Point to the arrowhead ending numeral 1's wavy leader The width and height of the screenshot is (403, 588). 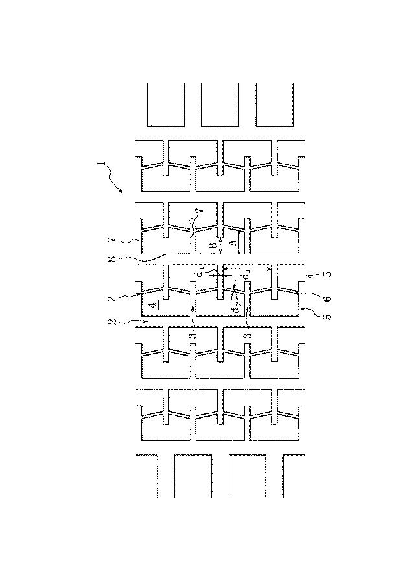pos(122,191)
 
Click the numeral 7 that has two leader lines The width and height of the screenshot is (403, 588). pos(201,211)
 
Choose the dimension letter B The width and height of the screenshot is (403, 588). pos(212,247)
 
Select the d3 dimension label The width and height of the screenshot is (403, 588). pos(246,275)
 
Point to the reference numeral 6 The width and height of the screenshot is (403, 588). pos(327,299)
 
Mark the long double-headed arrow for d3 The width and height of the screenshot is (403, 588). pos(248,269)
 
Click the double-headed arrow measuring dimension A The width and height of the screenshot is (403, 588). pos(239,242)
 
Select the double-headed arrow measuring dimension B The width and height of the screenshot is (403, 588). pos(220,246)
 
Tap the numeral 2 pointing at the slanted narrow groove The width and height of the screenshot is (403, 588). pos(111,299)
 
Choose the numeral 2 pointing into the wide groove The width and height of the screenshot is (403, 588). pos(111,321)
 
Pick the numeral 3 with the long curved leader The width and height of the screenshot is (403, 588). pos(194,334)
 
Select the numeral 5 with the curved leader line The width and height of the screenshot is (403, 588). pos(327,316)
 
